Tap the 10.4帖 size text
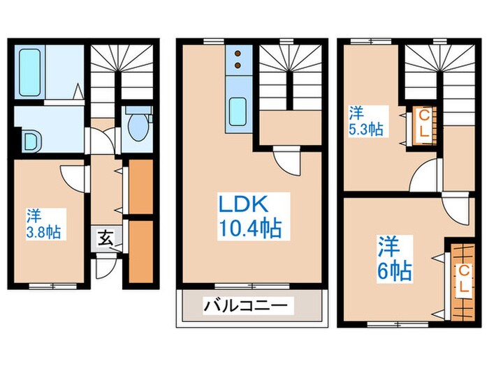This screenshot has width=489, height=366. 250,229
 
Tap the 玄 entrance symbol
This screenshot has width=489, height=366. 104,239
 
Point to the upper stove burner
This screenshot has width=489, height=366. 238,53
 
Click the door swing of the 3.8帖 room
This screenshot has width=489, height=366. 74,176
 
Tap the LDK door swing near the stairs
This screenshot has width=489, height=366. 286,160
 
